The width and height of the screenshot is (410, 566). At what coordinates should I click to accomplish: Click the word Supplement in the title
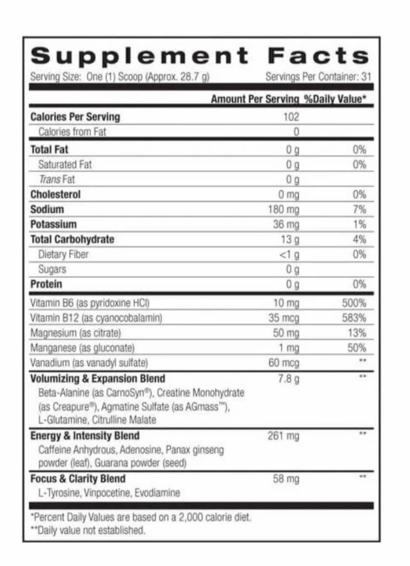139,57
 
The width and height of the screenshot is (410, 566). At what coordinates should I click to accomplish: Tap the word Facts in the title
318,57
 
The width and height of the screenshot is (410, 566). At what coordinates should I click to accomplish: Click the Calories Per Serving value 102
291,117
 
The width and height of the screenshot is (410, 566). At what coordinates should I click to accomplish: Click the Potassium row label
53,224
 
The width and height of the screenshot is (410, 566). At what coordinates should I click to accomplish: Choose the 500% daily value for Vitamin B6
353,303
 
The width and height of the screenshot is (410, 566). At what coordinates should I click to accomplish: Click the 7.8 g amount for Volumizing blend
288,379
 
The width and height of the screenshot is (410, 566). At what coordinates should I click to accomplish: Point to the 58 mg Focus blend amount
285,479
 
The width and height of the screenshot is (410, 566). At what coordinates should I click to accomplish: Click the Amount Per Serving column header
254,99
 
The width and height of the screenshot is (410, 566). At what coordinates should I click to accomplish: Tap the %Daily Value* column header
335,99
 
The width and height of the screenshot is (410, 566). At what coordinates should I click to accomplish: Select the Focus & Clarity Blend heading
78,479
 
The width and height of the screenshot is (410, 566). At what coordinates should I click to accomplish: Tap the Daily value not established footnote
88,530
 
